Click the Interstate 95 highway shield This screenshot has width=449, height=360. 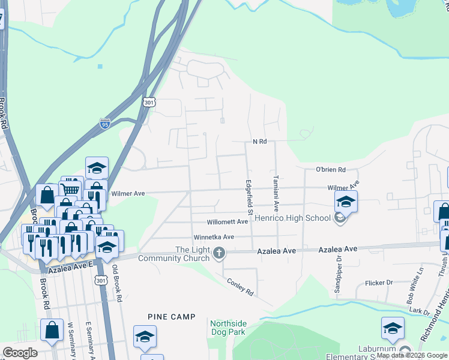105,124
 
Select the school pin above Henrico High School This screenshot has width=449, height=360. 346,202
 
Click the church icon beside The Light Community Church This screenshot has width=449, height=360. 219,254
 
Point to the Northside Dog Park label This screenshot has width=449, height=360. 228,327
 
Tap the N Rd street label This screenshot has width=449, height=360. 259,142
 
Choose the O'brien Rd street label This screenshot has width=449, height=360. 331,170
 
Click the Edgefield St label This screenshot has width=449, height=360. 249,197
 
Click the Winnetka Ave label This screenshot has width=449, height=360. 213,237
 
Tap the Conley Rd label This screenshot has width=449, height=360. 240,286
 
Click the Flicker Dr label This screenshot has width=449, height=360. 378,283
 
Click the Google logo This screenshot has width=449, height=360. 20,353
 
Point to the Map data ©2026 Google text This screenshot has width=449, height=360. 412,355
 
